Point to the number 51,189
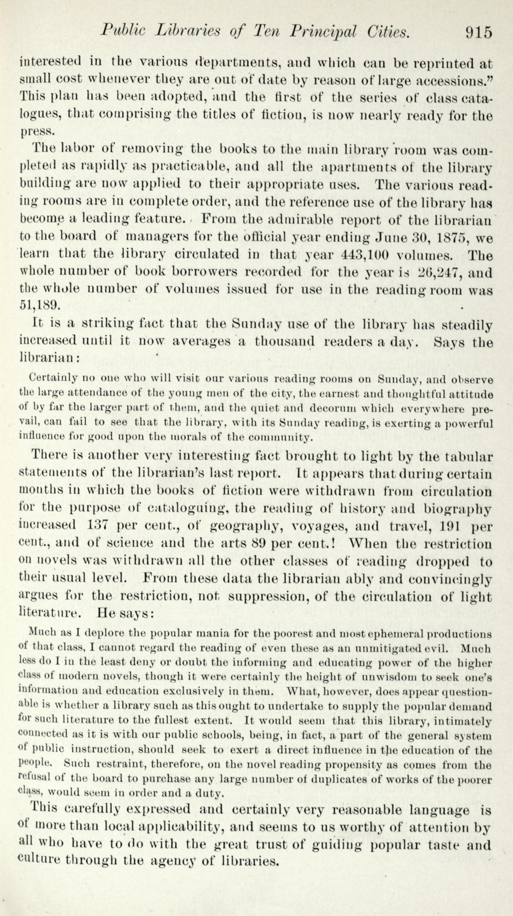38,305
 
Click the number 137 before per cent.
98,526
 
